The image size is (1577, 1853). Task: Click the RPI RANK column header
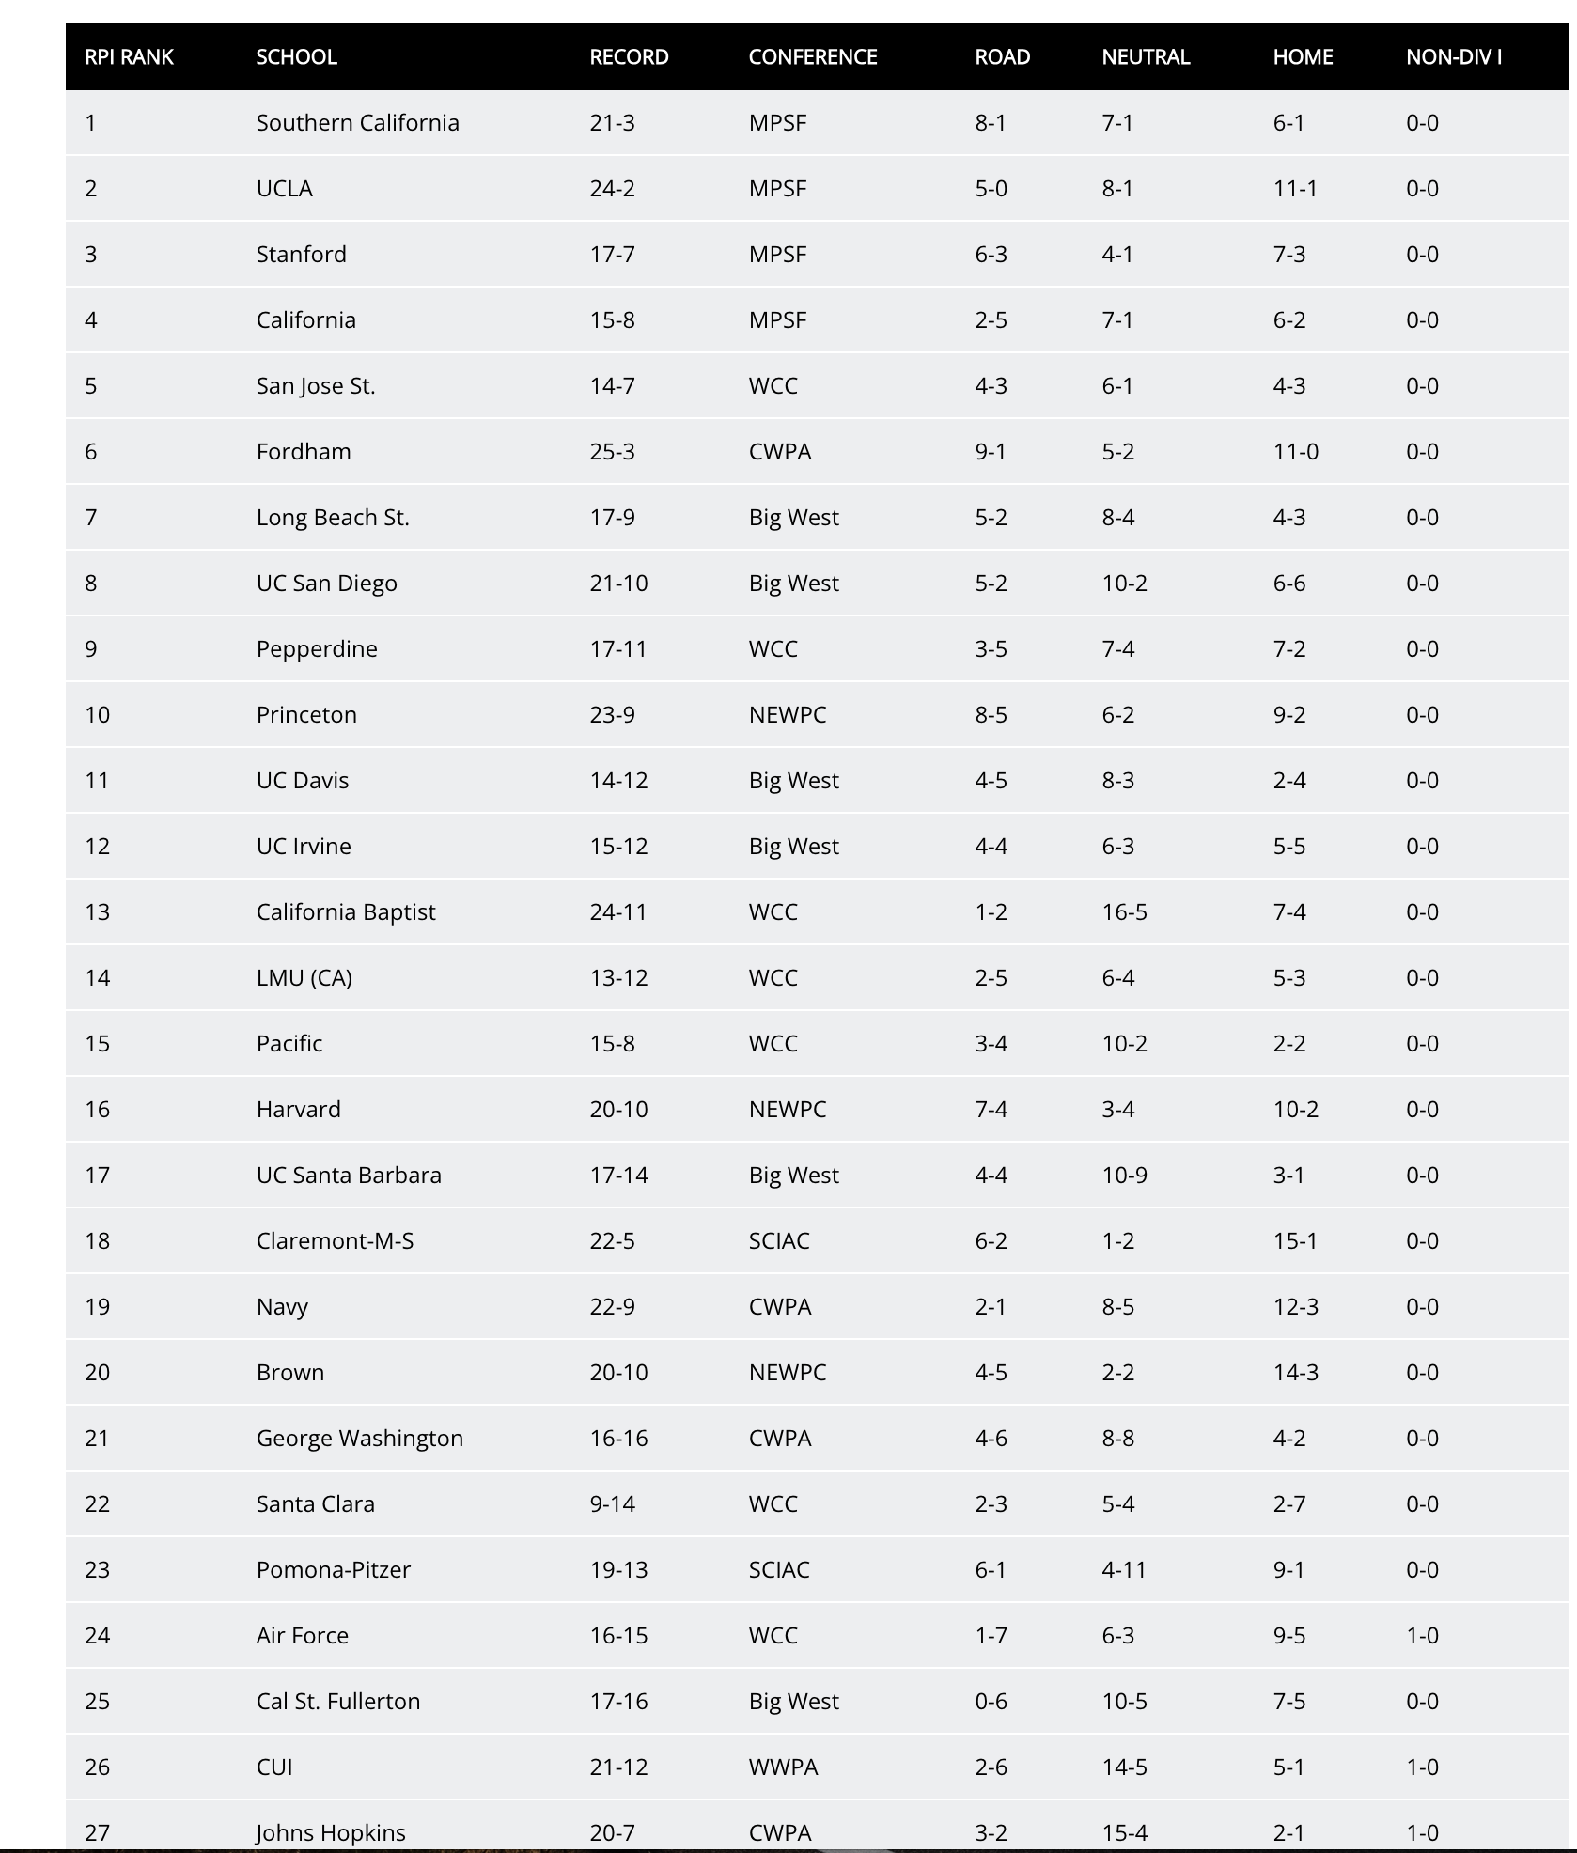(129, 57)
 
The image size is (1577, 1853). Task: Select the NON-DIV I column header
(1453, 57)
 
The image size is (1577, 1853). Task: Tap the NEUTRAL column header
(1146, 57)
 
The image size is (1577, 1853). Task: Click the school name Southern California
(357, 123)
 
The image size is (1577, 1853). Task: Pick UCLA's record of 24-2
(612, 189)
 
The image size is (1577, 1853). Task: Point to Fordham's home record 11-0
(1295, 452)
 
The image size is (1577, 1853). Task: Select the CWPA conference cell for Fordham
(779, 452)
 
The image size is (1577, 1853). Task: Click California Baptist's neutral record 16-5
(1124, 912)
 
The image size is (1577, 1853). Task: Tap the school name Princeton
(306, 715)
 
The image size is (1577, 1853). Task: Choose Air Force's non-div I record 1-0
(1422, 1636)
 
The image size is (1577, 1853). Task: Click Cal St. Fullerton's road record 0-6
(991, 1702)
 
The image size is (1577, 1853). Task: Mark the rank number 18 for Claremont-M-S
(97, 1241)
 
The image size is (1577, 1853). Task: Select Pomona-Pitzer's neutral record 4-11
(1124, 1570)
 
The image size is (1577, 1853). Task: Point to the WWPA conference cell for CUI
(783, 1767)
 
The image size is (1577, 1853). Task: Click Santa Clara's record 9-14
(612, 1504)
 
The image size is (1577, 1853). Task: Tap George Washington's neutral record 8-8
(1117, 1439)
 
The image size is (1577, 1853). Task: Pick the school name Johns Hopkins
(331, 1832)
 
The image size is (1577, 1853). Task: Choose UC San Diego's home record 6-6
(1288, 584)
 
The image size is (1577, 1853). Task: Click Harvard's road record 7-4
(991, 1110)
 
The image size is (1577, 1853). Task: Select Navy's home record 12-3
(1295, 1307)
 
